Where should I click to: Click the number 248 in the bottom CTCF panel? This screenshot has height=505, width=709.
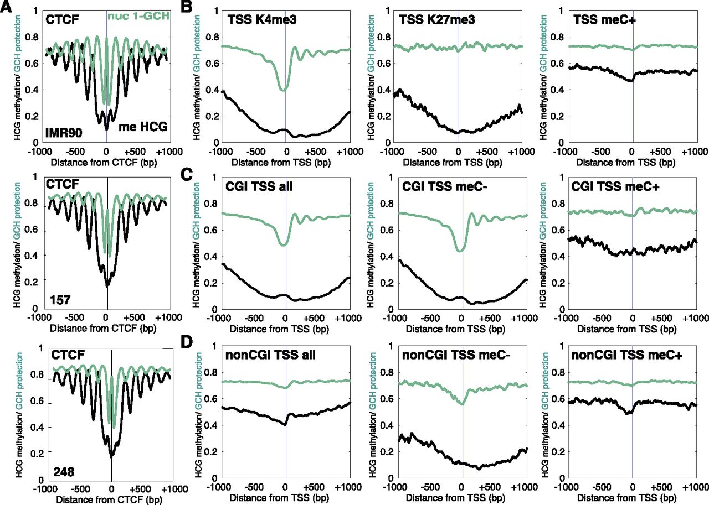point(64,471)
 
